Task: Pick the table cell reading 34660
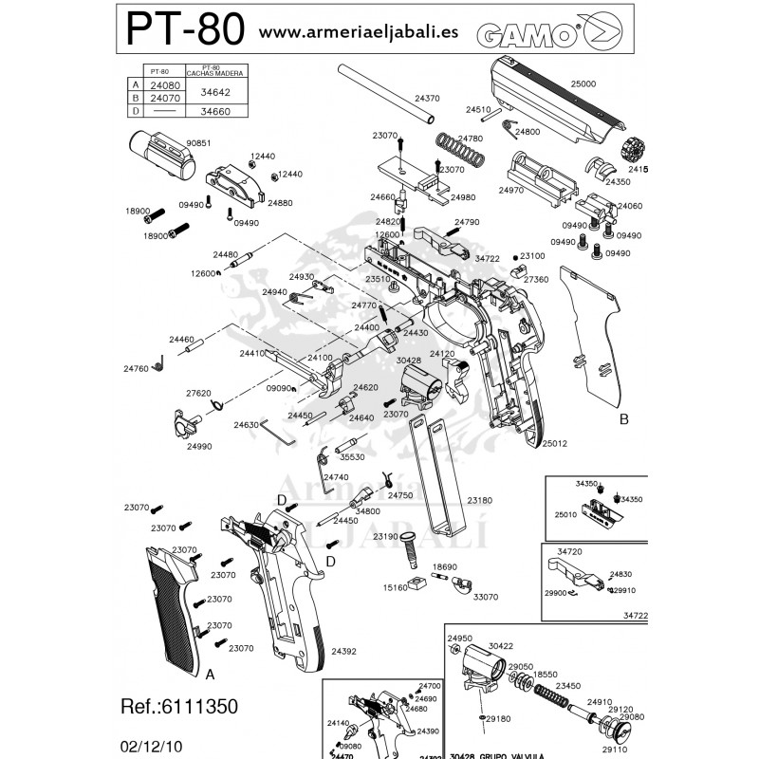pos(214,111)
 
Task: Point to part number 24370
pos(428,99)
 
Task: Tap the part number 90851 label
pos(197,142)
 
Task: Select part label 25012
pos(555,443)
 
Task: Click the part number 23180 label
pos(480,499)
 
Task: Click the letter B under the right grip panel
pos(623,418)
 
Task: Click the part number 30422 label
pos(501,645)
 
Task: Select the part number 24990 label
pos(198,445)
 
